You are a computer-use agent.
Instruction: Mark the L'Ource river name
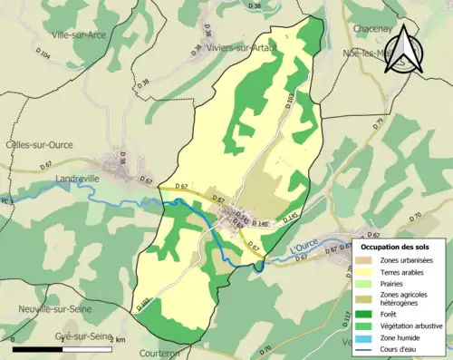[x=304, y=248]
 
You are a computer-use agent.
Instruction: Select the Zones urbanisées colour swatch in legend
[x=366, y=260]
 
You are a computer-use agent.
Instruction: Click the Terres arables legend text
[x=404, y=271]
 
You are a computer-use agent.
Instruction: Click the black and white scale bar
[x=63, y=347]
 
